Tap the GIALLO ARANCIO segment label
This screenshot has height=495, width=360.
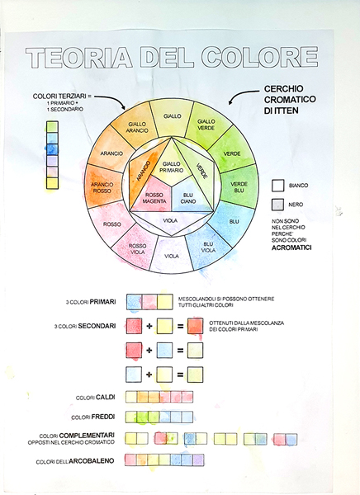(x=137, y=127)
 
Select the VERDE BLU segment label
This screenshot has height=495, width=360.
(x=239, y=187)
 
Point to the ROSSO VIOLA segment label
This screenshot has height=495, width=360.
(x=138, y=249)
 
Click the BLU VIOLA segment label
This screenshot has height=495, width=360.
(x=208, y=247)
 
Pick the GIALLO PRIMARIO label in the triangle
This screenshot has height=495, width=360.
(x=173, y=167)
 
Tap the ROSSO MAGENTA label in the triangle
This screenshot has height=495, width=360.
(x=154, y=198)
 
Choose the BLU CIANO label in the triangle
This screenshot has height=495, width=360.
(x=188, y=198)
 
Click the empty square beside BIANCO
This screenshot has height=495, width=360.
(x=277, y=186)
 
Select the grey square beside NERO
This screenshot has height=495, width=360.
(x=277, y=205)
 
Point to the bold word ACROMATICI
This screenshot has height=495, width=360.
(x=291, y=247)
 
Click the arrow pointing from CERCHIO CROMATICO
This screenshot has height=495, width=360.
(x=243, y=95)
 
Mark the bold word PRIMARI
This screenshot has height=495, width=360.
(x=102, y=302)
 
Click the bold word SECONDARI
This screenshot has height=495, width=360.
(x=97, y=326)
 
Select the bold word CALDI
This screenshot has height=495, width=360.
(x=106, y=397)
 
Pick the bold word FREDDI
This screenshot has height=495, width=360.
(x=103, y=417)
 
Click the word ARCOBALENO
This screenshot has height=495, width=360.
(x=92, y=461)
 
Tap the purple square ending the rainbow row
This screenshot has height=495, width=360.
(x=198, y=460)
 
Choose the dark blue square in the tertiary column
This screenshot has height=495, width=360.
(x=52, y=149)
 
